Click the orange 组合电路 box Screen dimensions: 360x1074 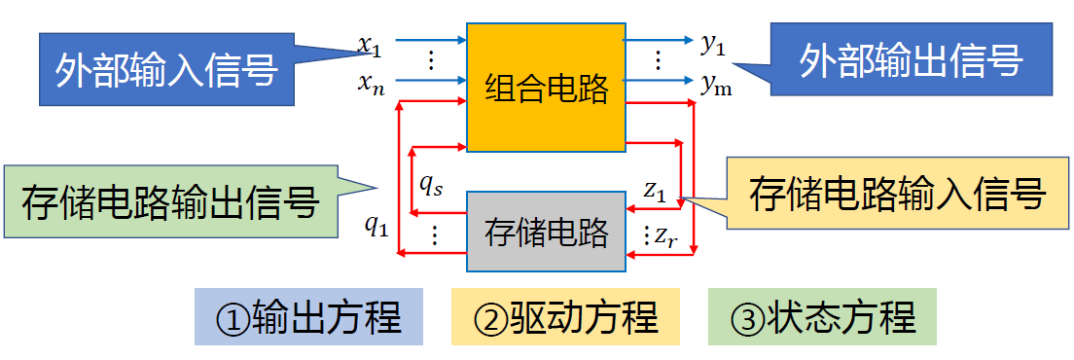(545, 88)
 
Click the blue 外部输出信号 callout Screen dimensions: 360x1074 (911, 61)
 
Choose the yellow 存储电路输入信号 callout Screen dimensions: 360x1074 (896, 195)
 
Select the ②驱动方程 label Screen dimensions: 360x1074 (565, 316)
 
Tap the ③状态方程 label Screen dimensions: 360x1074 (823, 316)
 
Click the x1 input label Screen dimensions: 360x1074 (371, 44)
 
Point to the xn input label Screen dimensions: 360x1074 (371, 87)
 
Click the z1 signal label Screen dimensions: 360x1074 (655, 192)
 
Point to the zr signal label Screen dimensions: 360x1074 (664, 235)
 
